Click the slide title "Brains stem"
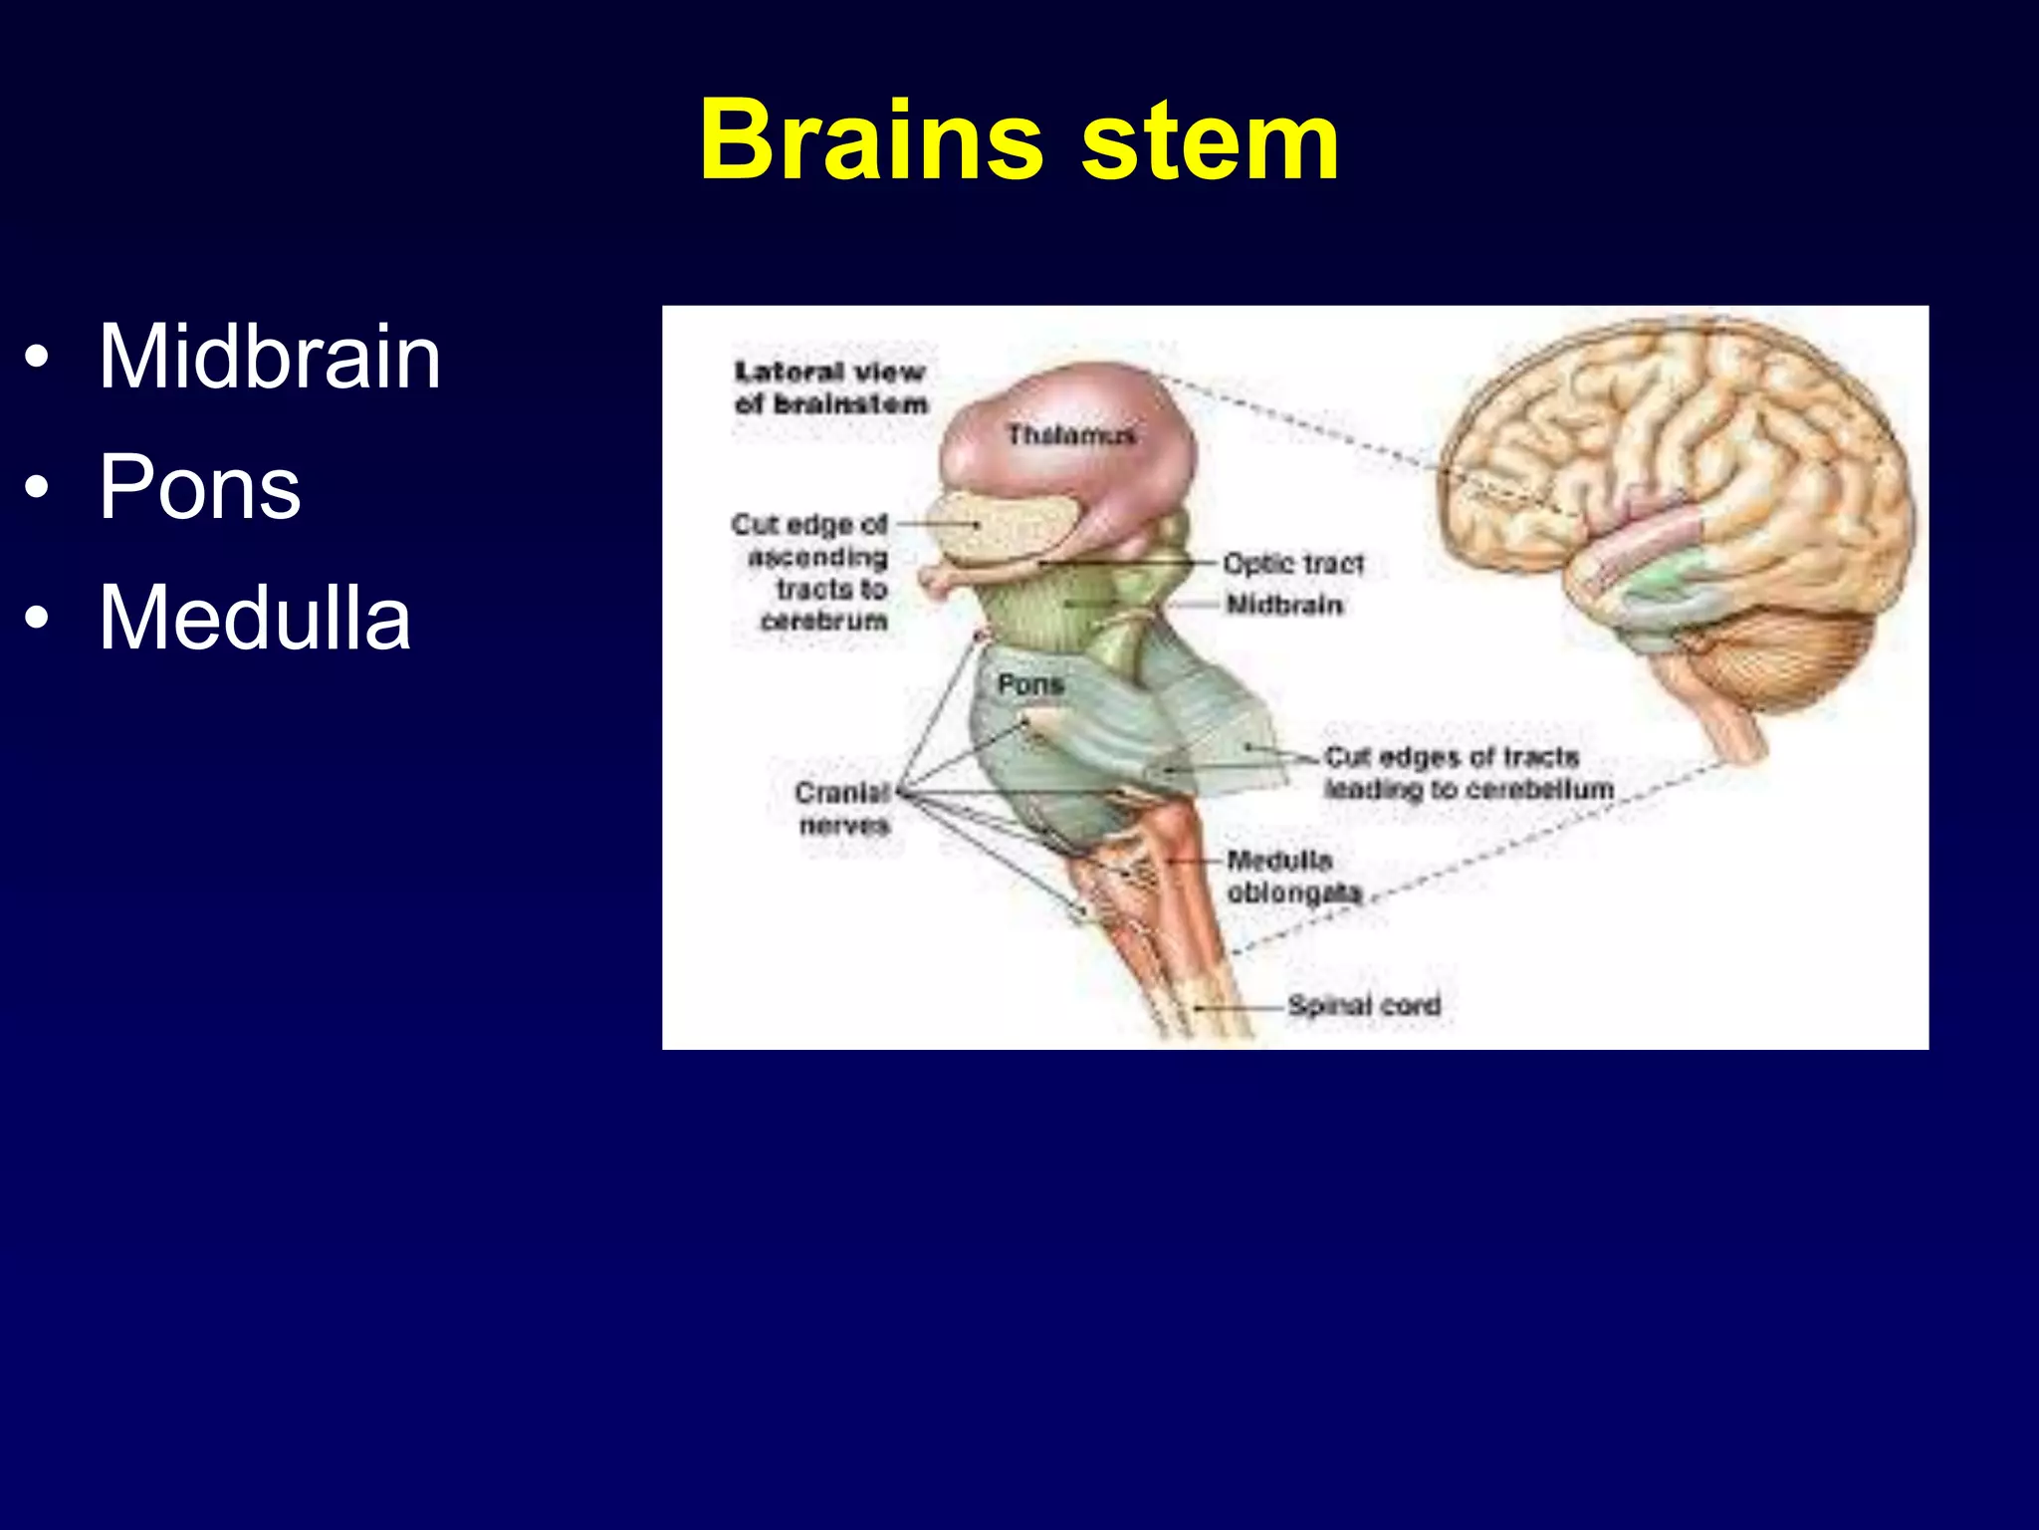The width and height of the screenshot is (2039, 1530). (x=1019, y=140)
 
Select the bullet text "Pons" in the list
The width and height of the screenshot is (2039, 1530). (x=199, y=487)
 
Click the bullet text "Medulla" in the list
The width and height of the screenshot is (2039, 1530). (x=254, y=618)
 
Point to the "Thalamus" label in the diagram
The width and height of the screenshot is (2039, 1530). (x=1070, y=435)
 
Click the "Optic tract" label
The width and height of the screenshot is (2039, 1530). (x=1292, y=564)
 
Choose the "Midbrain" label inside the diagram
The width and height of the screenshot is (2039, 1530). (x=1283, y=605)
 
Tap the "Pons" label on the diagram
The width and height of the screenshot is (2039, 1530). (x=1030, y=684)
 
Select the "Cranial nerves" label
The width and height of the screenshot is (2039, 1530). (x=843, y=808)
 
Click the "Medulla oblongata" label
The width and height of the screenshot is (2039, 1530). (x=1292, y=876)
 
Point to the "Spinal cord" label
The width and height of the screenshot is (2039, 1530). (x=1363, y=1005)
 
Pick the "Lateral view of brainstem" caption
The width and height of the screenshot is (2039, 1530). (x=830, y=387)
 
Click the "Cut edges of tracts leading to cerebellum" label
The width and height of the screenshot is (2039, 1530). (x=1468, y=773)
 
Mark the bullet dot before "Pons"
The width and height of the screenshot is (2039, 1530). (x=37, y=488)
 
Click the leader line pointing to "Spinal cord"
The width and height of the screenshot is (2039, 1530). (x=1240, y=1007)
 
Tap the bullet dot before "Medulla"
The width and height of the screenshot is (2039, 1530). (x=37, y=619)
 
